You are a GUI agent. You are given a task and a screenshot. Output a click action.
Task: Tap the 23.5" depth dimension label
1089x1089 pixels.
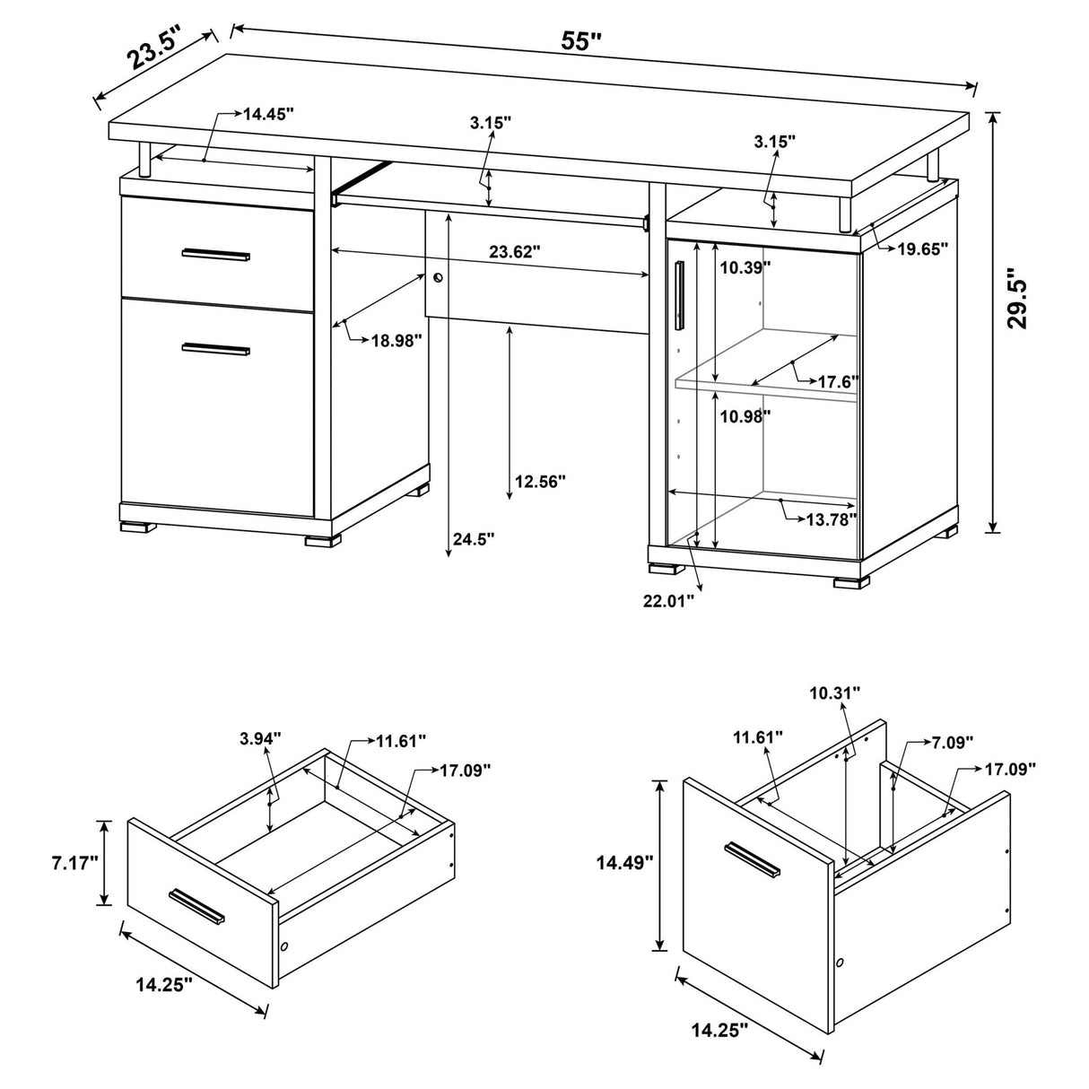(x=153, y=49)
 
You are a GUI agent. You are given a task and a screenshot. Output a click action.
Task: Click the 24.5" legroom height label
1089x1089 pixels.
(x=473, y=538)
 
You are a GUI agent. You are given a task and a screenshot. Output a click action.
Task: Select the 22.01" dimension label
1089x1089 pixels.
(x=668, y=601)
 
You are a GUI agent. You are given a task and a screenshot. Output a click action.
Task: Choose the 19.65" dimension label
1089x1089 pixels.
(x=922, y=250)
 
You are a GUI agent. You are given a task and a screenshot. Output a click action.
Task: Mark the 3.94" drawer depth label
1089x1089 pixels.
(x=260, y=738)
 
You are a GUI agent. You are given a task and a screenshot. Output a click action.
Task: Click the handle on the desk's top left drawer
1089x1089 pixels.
(x=216, y=255)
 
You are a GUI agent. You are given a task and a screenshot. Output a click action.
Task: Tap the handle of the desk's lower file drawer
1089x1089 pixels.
(x=216, y=349)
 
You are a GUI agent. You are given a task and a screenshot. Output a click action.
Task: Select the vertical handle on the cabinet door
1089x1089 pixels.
(x=680, y=295)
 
